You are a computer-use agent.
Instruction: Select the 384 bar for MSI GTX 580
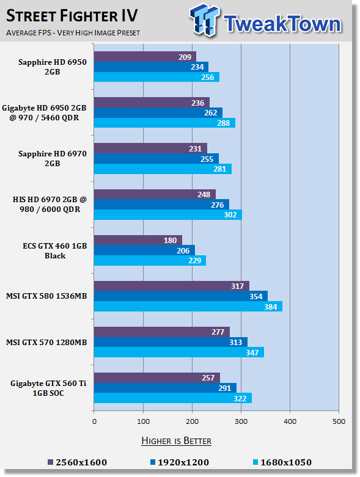tap(188, 306)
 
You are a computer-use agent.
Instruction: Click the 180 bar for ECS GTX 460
tap(138, 240)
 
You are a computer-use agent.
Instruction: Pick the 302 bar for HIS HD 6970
tap(167, 214)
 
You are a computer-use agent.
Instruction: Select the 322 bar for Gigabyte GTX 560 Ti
tap(172, 398)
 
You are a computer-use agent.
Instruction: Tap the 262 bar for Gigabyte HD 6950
tap(158, 112)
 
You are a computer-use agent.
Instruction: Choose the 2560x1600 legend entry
tap(76, 462)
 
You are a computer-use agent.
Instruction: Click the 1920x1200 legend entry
tap(177, 462)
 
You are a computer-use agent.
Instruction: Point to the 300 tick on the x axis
tap(241, 421)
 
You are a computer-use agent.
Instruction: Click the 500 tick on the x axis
tap(339, 421)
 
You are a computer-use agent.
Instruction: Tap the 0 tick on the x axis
tap(94, 421)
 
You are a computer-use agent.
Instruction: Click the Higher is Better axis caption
tap(177, 440)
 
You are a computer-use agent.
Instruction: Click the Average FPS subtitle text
tap(73, 32)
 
